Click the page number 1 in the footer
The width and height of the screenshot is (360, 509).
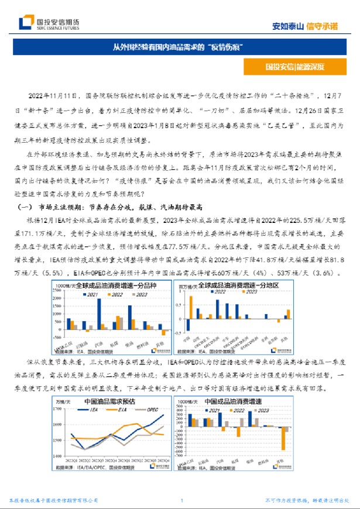(182, 500)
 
